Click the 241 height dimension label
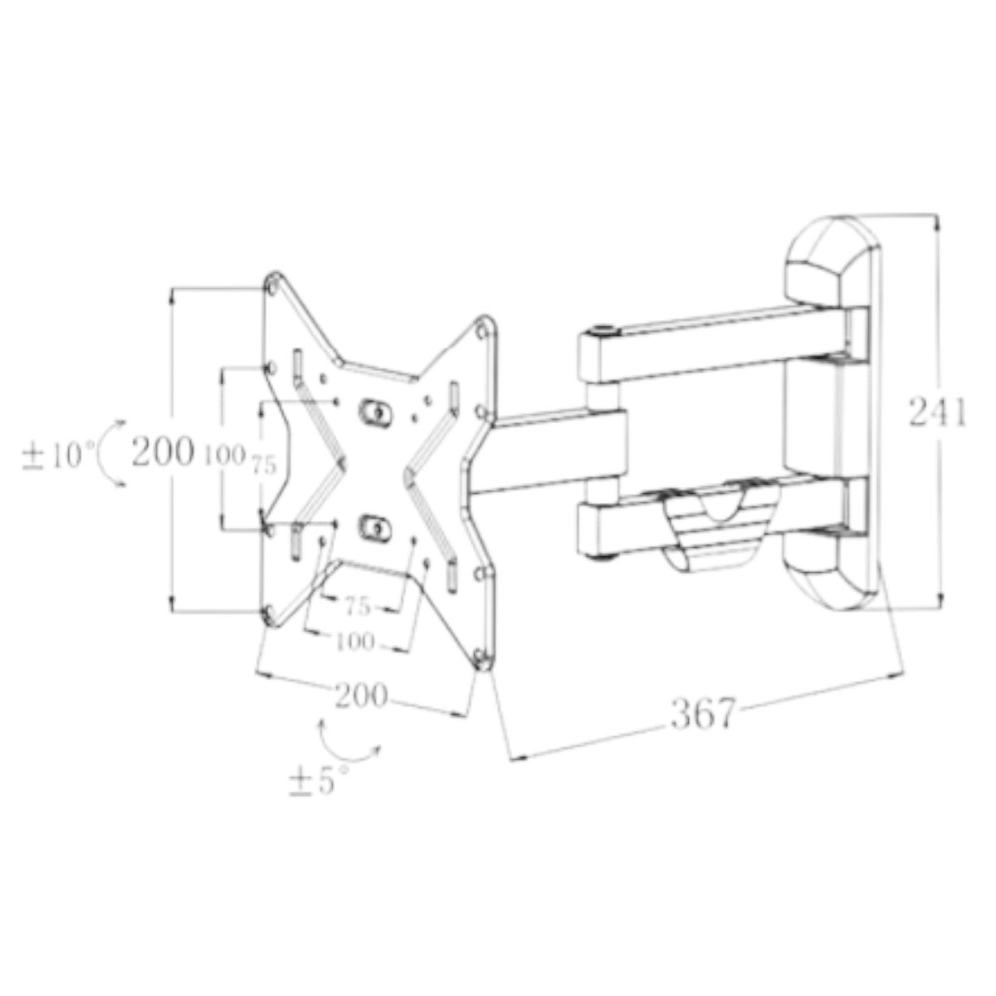937,412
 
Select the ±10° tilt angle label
59,456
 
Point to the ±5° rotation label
319,781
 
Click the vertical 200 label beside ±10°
164,452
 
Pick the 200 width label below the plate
360,696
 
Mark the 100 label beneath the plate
354,642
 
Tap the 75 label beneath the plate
357,607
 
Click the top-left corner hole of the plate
273,284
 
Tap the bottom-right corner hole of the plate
482,657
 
